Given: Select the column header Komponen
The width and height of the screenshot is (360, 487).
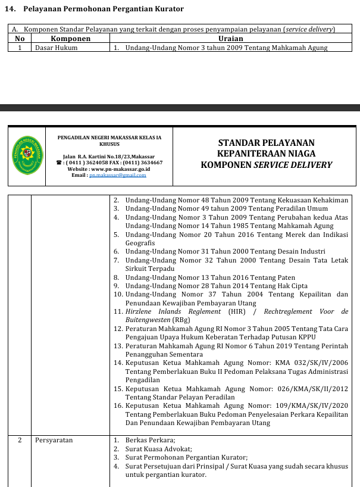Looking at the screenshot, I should coord(70,38).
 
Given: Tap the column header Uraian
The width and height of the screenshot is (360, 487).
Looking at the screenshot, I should coord(230,38).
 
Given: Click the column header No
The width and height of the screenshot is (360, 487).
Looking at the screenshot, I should coord(20,38).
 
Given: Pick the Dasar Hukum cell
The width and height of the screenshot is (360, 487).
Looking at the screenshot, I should coord(56,47).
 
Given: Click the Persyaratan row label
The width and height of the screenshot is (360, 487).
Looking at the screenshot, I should coord(54,440).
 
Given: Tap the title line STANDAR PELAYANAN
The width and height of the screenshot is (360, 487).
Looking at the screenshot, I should coord(266,143).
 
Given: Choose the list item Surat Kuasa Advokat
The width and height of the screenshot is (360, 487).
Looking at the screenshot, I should coord(158,449).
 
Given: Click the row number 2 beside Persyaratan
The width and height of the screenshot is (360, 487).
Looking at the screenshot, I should coord(20,440).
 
